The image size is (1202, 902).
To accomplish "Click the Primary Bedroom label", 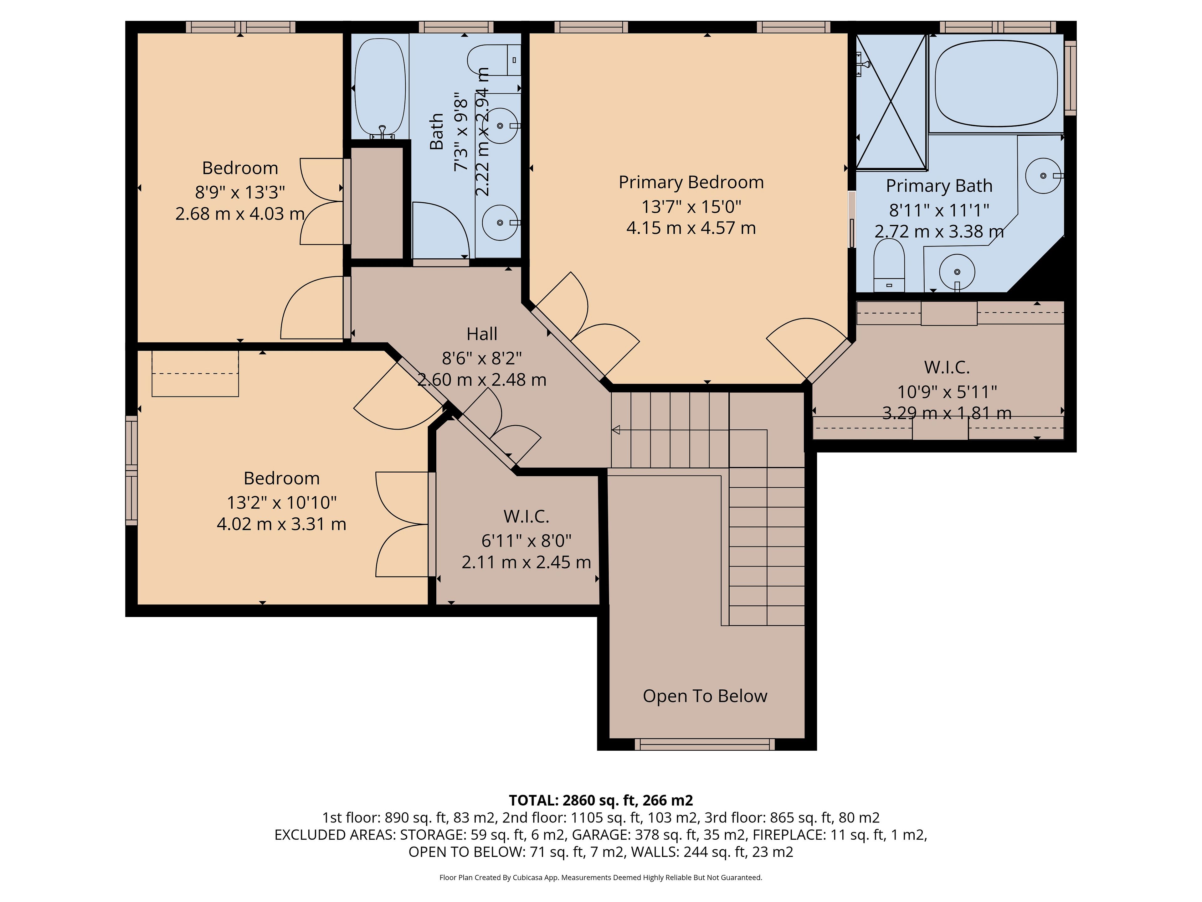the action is point(691,182).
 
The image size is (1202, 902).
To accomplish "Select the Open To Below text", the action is point(705,697).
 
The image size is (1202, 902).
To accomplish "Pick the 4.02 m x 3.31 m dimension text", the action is point(281,524).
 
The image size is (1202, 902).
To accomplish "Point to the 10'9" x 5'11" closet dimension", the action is point(947,392).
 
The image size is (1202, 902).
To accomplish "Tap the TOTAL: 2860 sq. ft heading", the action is point(601,800).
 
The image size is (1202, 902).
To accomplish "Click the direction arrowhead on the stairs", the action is point(616,430).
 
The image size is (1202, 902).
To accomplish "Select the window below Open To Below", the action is point(705,744).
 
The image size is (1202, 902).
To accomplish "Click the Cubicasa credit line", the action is point(601,878).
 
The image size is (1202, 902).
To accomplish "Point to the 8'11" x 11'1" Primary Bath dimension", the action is point(939,210).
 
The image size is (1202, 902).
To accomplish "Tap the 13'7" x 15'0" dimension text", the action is point(691,207).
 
